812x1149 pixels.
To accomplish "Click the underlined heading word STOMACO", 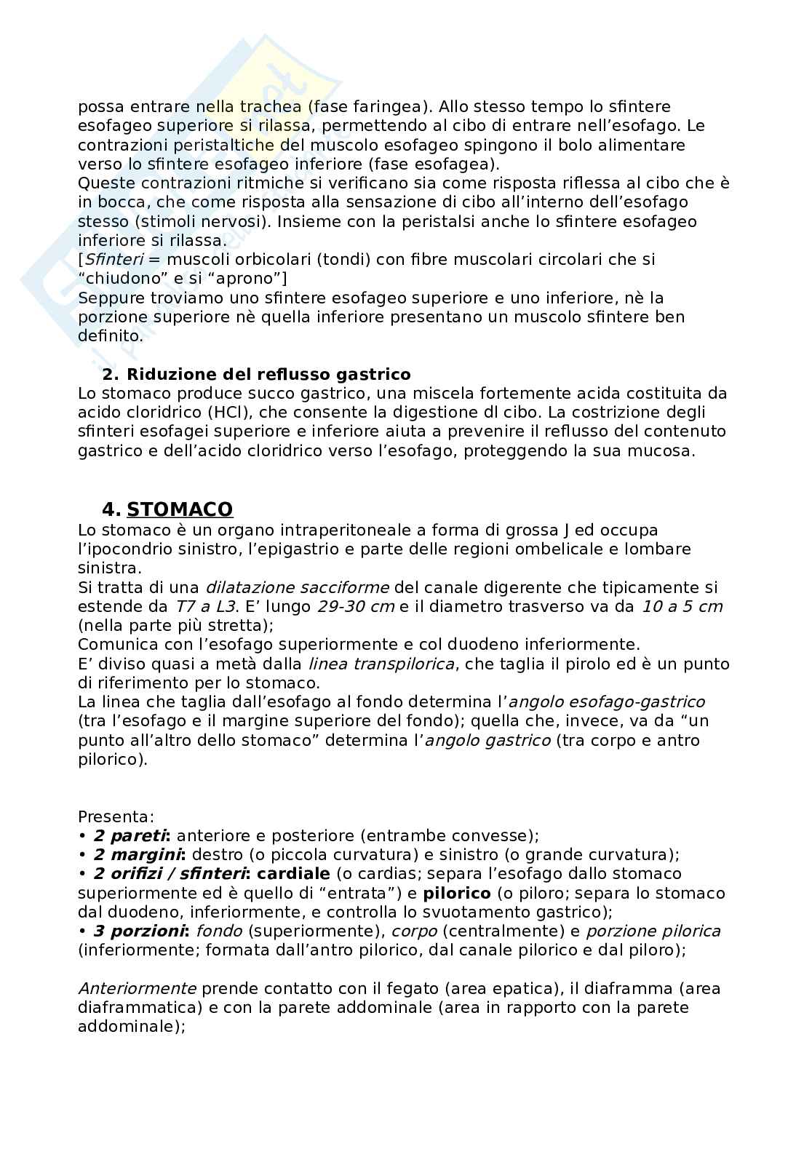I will pos(180,509).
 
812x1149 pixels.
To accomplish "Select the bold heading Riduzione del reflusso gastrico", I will pos(268,375).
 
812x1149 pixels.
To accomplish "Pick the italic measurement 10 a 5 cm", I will pos(682,606).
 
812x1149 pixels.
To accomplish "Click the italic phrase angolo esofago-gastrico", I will pos(606,702).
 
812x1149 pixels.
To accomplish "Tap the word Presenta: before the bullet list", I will pos(116,817).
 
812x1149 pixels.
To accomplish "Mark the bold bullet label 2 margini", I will pos(140,855).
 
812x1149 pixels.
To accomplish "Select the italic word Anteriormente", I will pos(137,989).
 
